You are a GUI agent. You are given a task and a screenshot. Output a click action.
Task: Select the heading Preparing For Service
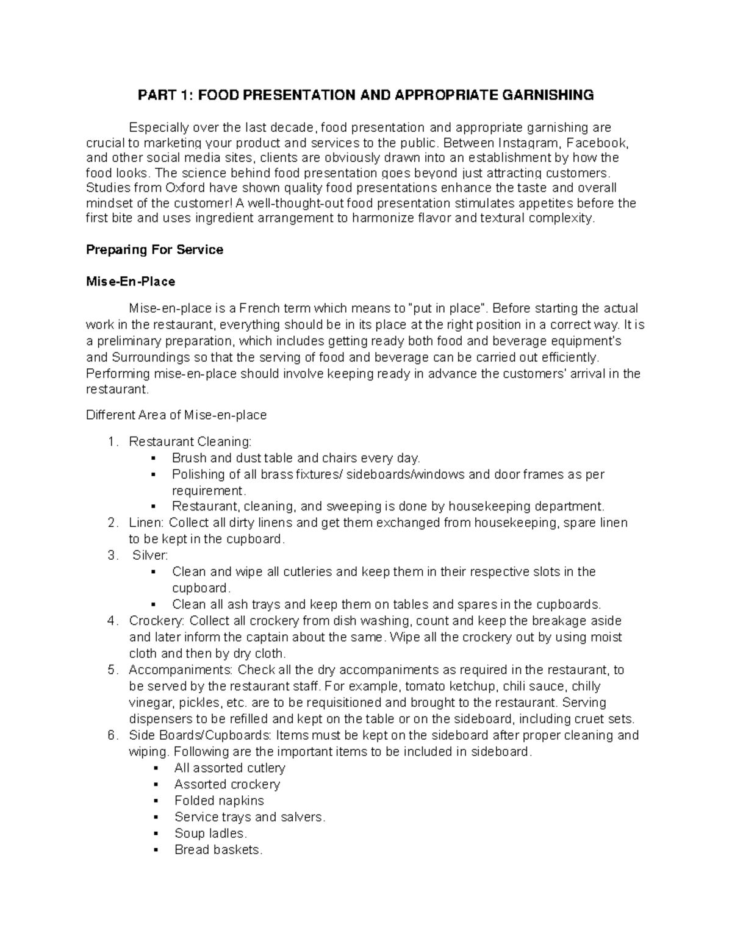coord(154,249)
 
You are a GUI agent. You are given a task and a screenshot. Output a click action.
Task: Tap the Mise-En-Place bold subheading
coord(131,282)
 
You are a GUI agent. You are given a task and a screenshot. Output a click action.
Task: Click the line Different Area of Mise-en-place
coord(176,415)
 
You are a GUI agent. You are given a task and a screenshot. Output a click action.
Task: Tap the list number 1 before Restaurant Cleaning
coord(110,441)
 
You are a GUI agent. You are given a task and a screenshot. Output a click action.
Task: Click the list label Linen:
coord(146,523)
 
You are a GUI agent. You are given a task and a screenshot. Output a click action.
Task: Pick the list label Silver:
coord(150,556)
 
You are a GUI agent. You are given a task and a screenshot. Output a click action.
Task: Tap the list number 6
coord(111,735)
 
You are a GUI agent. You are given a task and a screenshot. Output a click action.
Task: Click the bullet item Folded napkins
coord(219,801)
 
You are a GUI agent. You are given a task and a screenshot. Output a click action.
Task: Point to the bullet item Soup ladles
coord(210,833)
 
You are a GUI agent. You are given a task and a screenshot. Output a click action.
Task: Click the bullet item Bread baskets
coord(218,849)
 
